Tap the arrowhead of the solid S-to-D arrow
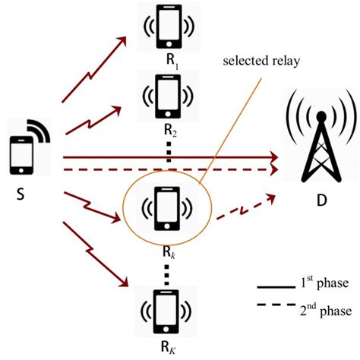click(x=272, y=158)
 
